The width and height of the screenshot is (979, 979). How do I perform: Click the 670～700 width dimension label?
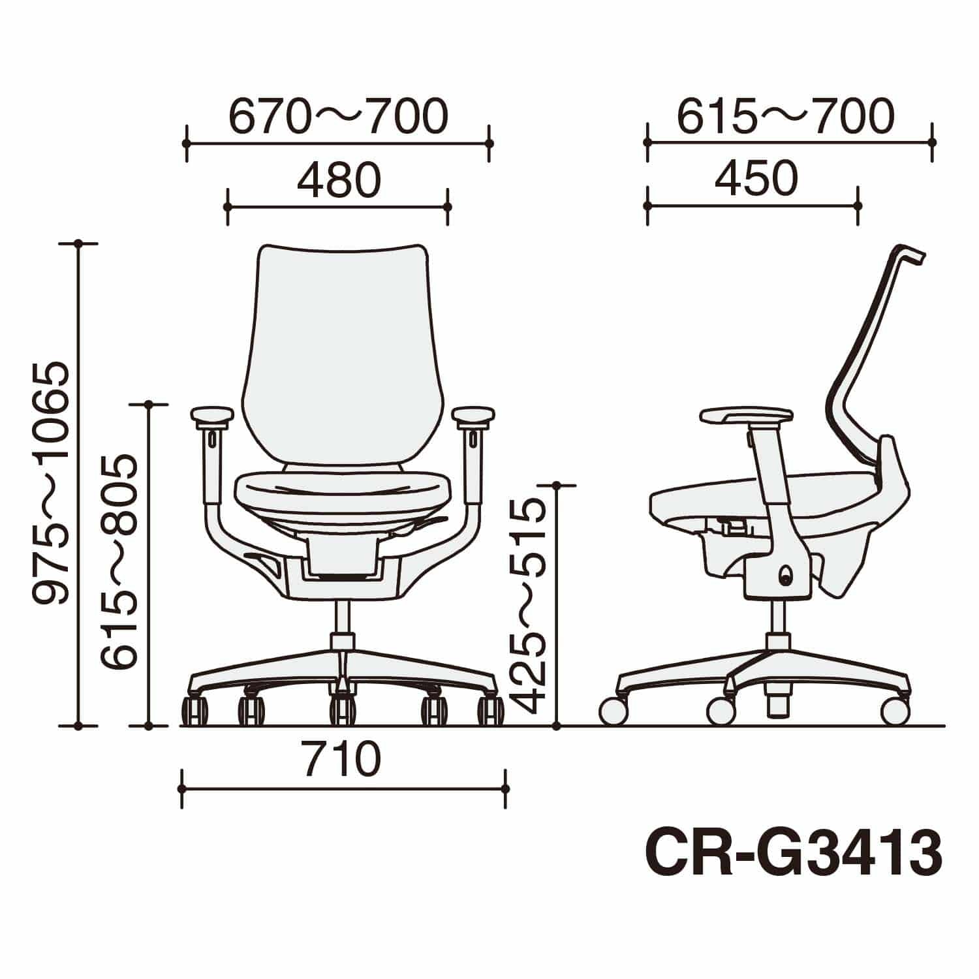coord(338,116)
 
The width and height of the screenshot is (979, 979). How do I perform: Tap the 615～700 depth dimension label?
coord(785,116)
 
